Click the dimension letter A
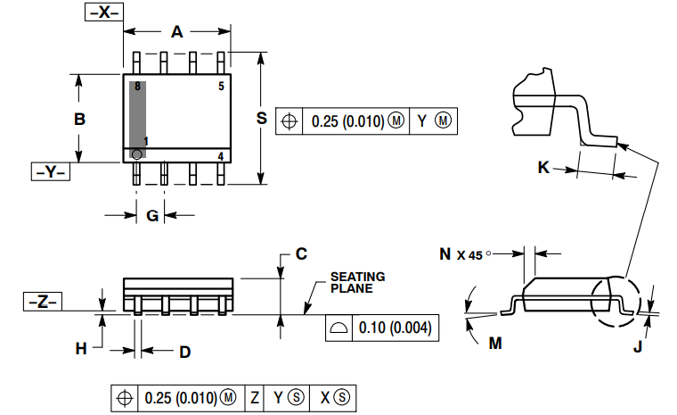click(176, 32)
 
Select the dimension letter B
click(79, 119)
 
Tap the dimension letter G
click(152, 215)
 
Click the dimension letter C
click(301, 253)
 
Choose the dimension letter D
click(184, 353)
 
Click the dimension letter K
click(543, 166)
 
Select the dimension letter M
click(495, 343)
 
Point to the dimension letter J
click(637, 347)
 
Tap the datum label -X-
click(103, 12)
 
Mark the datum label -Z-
click(43, 302)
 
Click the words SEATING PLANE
click(357, 282)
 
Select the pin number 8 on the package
click(137, 87)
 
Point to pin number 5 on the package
click(221, 87)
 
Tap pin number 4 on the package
click(221, 156)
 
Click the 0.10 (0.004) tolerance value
click(394, 328)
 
